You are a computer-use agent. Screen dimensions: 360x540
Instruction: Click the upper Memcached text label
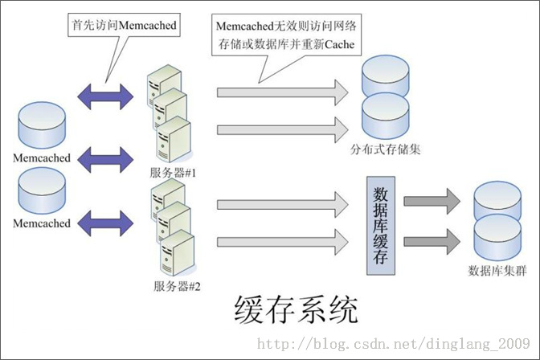click(42, 158)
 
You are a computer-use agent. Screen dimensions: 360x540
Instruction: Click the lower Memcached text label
click(42, 223)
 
